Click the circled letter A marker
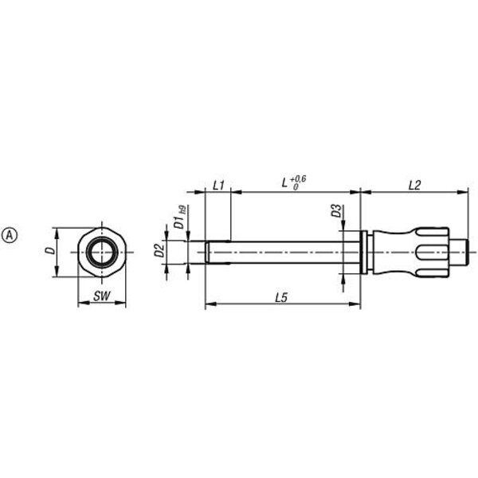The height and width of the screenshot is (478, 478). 10,235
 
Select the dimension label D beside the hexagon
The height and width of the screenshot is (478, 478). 50,251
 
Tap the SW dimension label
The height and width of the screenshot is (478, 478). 102,296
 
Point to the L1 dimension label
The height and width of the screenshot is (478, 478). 218,186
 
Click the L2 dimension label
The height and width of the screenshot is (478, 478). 414,185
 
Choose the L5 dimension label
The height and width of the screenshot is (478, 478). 281,297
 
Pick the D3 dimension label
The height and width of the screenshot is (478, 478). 336,210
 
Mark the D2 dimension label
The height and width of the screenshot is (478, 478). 159,250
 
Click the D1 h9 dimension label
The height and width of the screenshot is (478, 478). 180,217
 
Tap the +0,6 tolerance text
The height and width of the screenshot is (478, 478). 298,178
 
